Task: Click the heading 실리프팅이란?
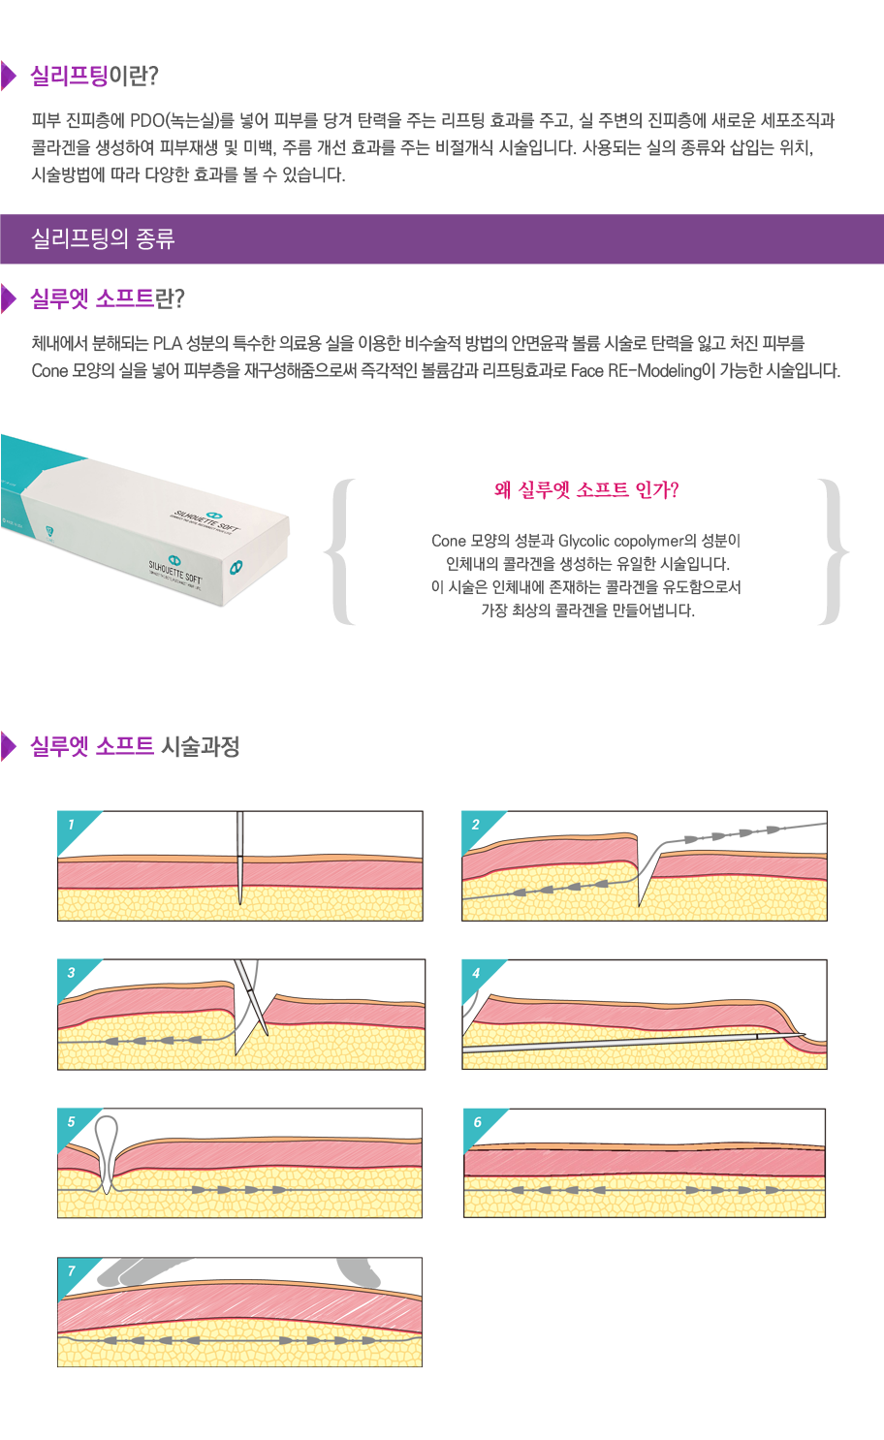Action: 95,76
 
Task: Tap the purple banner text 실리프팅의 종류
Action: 103,238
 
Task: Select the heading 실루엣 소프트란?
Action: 108,298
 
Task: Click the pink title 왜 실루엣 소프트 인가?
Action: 586,490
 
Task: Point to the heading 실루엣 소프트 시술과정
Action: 135,746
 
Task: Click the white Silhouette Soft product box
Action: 144,519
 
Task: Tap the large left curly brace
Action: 341,551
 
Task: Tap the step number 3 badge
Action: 73,975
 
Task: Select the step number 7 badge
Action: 73,1272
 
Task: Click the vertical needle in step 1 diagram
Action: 239,858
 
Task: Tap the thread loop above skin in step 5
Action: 107,1151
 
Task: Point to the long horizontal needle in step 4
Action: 633,1042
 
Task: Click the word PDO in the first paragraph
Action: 147,120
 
